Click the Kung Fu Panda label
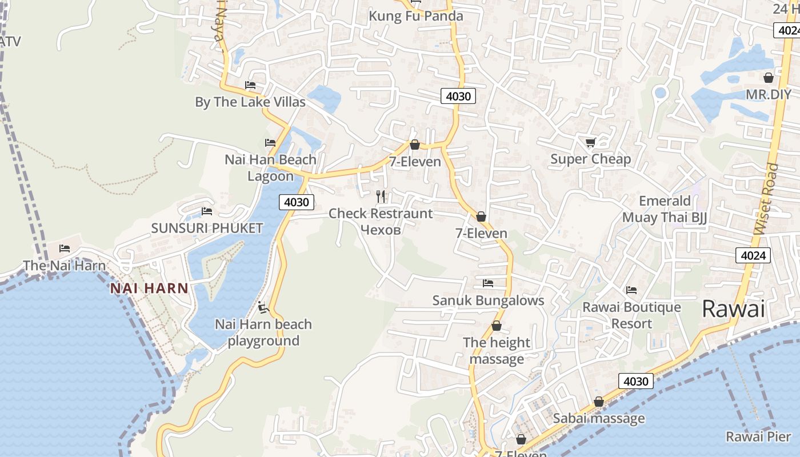point(415,16)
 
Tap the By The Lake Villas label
point(250,102)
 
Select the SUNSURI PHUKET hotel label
point(207,228)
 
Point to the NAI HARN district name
point(149,288)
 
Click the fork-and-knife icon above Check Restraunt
point(381,197)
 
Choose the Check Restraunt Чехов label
point(381,221)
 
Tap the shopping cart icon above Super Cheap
point(590,142)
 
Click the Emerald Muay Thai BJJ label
point(665,209)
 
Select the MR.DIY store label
point(769,94)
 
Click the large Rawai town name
point(733,309)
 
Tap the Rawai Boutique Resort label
point(631,315)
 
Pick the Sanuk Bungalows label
point(488,300)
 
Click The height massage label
point(497,351)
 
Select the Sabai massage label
point(598,418)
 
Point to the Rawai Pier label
point(758,436)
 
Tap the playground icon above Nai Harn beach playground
point(263,308)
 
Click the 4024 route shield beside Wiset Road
point(753,255)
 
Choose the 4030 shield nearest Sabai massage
point(635,381)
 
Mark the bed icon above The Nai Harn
point(65,248)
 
